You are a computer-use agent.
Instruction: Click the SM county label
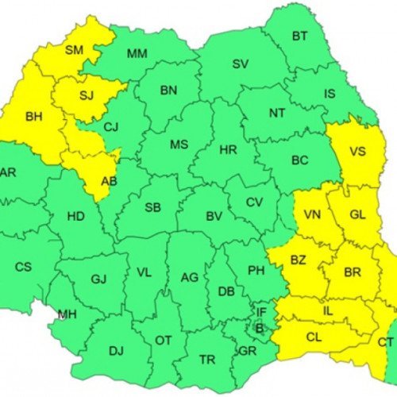[74, 51]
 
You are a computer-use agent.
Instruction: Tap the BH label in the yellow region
[34, 117]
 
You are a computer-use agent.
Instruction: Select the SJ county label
[86, 96]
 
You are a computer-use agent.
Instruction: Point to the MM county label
[137, 54]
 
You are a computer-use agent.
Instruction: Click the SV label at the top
[240, 64]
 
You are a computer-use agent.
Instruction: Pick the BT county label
[299, 36]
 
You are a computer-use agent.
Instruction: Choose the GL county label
[358, 214]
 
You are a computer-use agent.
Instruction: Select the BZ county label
[298, 260]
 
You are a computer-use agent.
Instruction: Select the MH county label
[67, 314]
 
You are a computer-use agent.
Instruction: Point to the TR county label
[207, 360]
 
